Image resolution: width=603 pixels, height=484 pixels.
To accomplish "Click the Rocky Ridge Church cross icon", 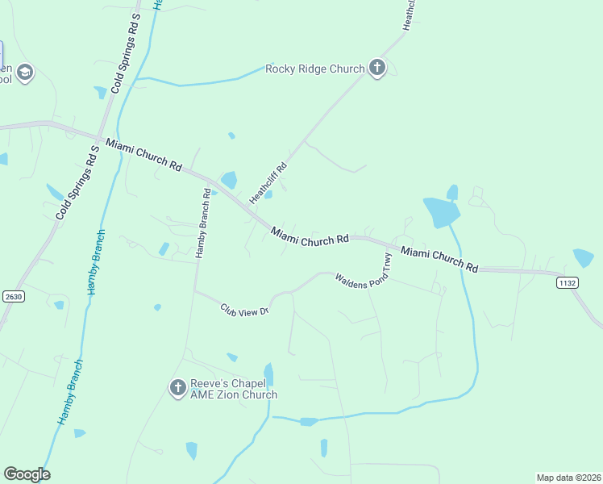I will [377, 69].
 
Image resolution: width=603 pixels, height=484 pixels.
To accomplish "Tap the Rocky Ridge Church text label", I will [315, 69].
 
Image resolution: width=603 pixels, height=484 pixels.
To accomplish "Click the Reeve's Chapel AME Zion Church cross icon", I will [178, 389].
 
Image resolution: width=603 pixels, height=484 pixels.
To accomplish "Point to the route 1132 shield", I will [568, 282].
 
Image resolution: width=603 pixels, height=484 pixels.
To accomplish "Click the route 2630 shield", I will [13, 296].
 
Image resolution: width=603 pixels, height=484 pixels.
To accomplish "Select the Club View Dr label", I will [244, 310].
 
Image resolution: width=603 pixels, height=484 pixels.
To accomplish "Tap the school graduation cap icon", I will [25, 73].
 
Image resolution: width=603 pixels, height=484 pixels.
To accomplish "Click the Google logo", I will [27, 474].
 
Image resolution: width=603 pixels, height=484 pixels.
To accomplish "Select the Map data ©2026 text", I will [568, 477].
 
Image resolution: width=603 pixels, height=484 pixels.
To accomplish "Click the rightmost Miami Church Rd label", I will [440, 259].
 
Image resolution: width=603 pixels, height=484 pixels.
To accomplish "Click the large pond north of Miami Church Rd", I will [440, 211].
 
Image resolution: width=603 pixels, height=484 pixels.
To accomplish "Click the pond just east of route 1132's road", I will [583, 258].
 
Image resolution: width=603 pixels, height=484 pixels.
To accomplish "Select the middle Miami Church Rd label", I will [310, 236].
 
